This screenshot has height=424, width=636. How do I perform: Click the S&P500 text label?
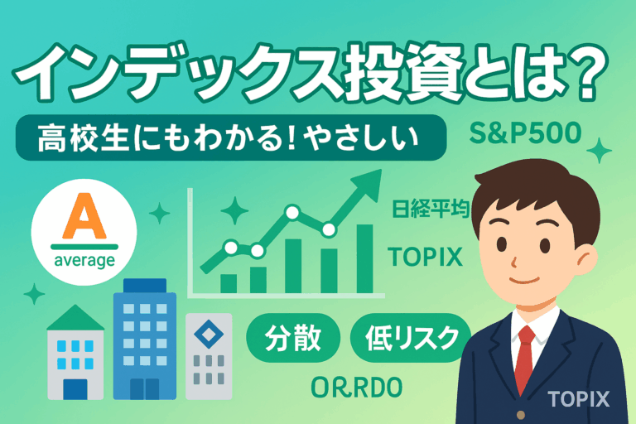coord(525,133)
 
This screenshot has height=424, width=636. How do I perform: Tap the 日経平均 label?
coord(431,209)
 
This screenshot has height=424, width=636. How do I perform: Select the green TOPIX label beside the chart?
coord(425,257)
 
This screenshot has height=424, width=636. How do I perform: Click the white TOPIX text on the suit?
coord(578,399)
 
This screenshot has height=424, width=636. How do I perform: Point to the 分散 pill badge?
coord(293,338)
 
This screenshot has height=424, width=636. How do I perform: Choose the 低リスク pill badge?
coord(411,338)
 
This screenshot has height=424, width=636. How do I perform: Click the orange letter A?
coord(84,216)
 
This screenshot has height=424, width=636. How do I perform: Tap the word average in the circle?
coord(84,261)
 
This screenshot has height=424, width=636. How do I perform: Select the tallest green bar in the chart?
coord(364,258)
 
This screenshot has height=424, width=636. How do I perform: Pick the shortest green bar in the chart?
coord(229,283)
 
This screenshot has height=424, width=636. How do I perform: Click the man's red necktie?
coord(525,359)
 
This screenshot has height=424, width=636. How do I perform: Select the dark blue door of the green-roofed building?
coord(75,389)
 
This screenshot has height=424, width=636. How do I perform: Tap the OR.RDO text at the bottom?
coord(357,387)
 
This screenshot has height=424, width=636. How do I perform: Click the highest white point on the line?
coord(292,212)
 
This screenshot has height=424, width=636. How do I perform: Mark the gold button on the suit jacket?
coord(521,415)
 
